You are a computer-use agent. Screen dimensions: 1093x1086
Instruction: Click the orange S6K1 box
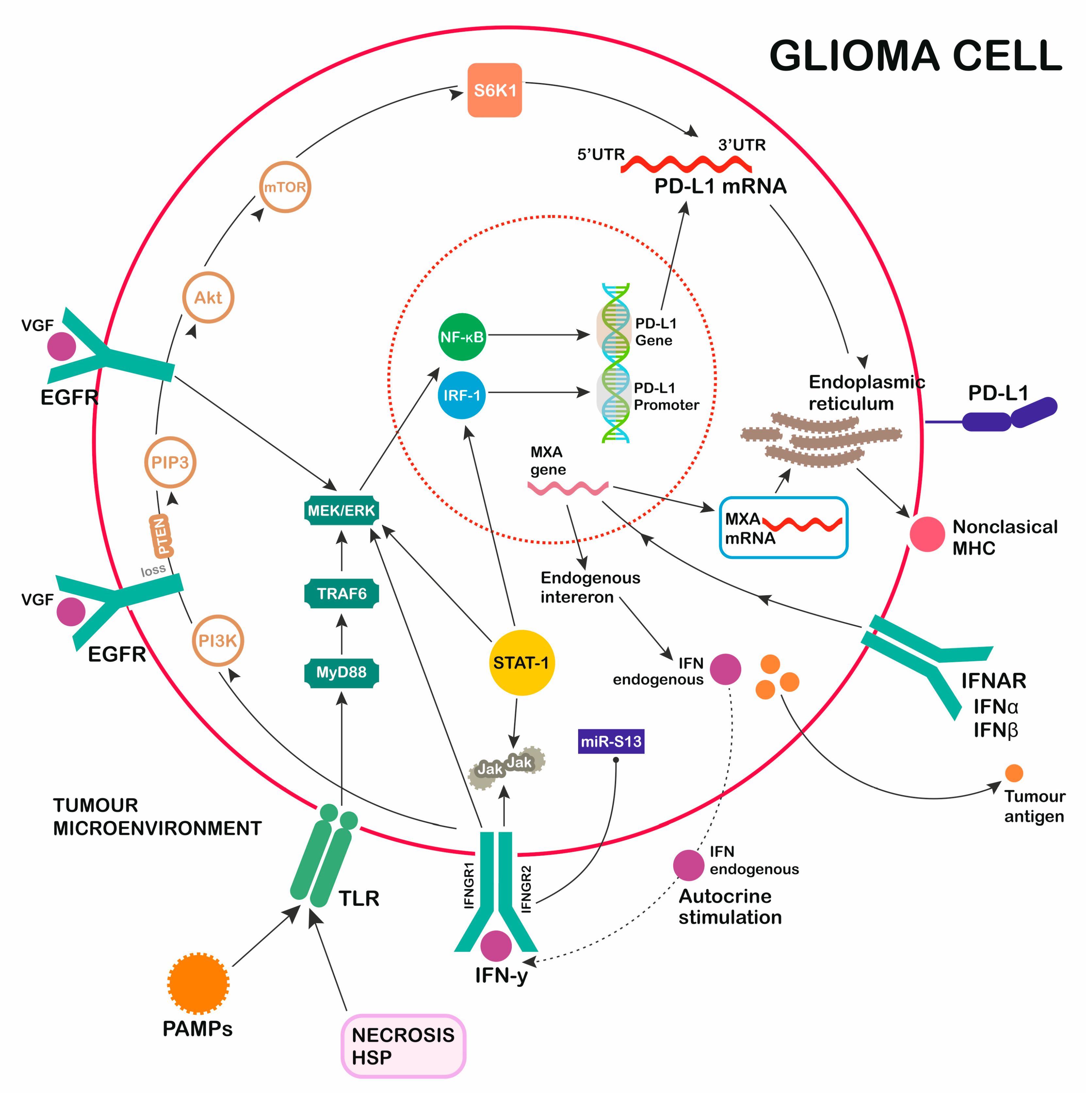point(494,90)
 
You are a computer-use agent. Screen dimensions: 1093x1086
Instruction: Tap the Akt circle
point(208,298)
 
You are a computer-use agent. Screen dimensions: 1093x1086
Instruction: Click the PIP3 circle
point(170,462)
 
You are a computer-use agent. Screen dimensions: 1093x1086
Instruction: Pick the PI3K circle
point(218,641)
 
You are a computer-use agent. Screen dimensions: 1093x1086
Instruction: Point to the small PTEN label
point(161,536)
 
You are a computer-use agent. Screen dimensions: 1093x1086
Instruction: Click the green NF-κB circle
point(462,337)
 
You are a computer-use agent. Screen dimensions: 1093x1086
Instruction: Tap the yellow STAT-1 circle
point(521,662)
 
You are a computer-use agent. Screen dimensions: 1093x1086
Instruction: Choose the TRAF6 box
point(341,594)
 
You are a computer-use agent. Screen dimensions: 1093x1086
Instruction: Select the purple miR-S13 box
point(611,741)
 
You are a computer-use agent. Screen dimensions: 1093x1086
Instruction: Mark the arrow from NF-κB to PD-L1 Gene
point(538,335)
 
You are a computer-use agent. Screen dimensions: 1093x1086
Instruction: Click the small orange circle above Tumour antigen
point(1013,773)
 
